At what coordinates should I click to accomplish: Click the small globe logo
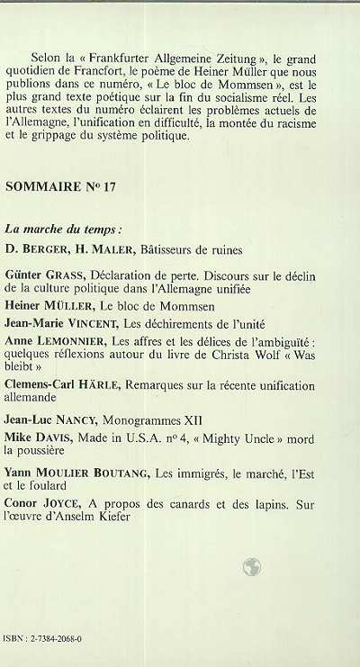click(x=251, y=565)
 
